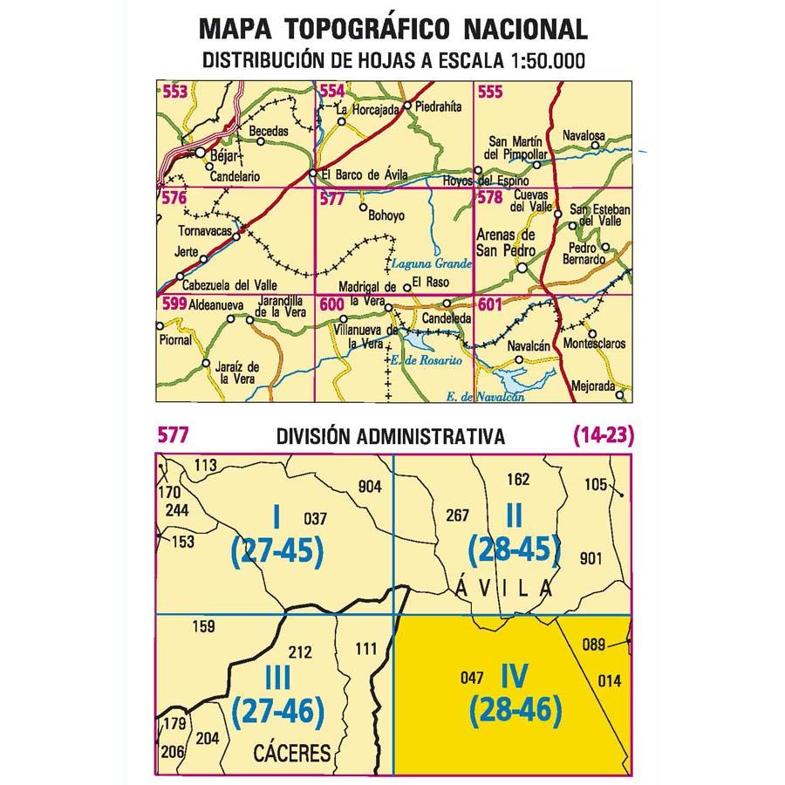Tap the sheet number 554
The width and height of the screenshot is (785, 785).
click(331, 92)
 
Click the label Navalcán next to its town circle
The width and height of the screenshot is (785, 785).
click(529, 346)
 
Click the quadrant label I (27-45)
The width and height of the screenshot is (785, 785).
click(277, 536)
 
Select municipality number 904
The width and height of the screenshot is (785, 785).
click(369, 488)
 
